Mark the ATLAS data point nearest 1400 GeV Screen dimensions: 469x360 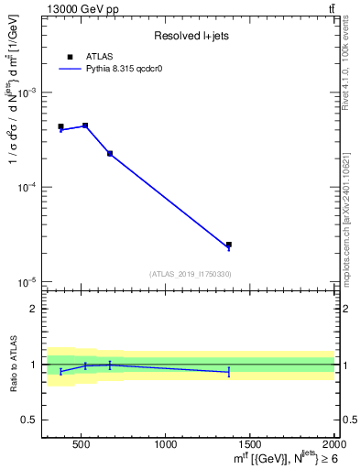[x=228, y=245]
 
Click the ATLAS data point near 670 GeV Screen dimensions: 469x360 [x=110, y=153]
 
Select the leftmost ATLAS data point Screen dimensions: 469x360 [x=60, y=126]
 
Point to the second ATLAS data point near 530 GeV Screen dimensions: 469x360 [x=85, y=125]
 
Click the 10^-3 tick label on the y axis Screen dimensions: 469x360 [x=29, y=93]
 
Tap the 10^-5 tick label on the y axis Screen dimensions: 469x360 [x=29, y=281]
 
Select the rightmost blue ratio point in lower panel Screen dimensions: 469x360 [x=228, y=372]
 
